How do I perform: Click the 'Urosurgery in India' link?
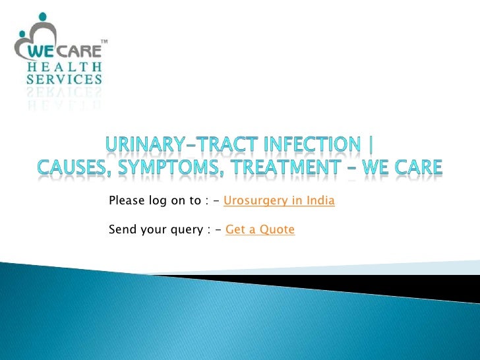(x=280, y=200)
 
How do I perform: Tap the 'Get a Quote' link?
(x=260, y=229)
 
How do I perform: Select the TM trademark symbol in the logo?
(x=104, y=43)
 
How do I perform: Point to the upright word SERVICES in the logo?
(x=64, y=80)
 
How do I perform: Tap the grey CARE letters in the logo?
(x=81, y=51)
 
